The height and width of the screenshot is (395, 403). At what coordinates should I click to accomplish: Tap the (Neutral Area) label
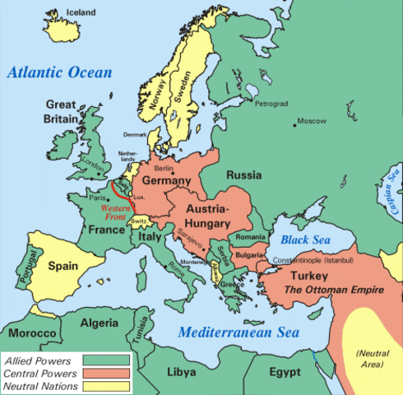[x=373, y=358]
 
